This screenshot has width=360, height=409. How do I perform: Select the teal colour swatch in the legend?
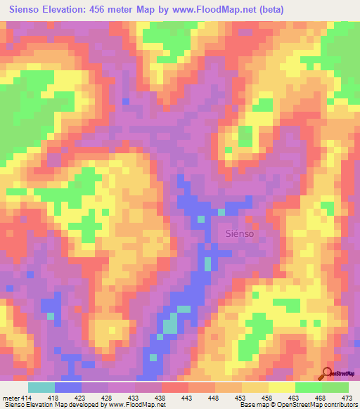click(41, 387)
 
